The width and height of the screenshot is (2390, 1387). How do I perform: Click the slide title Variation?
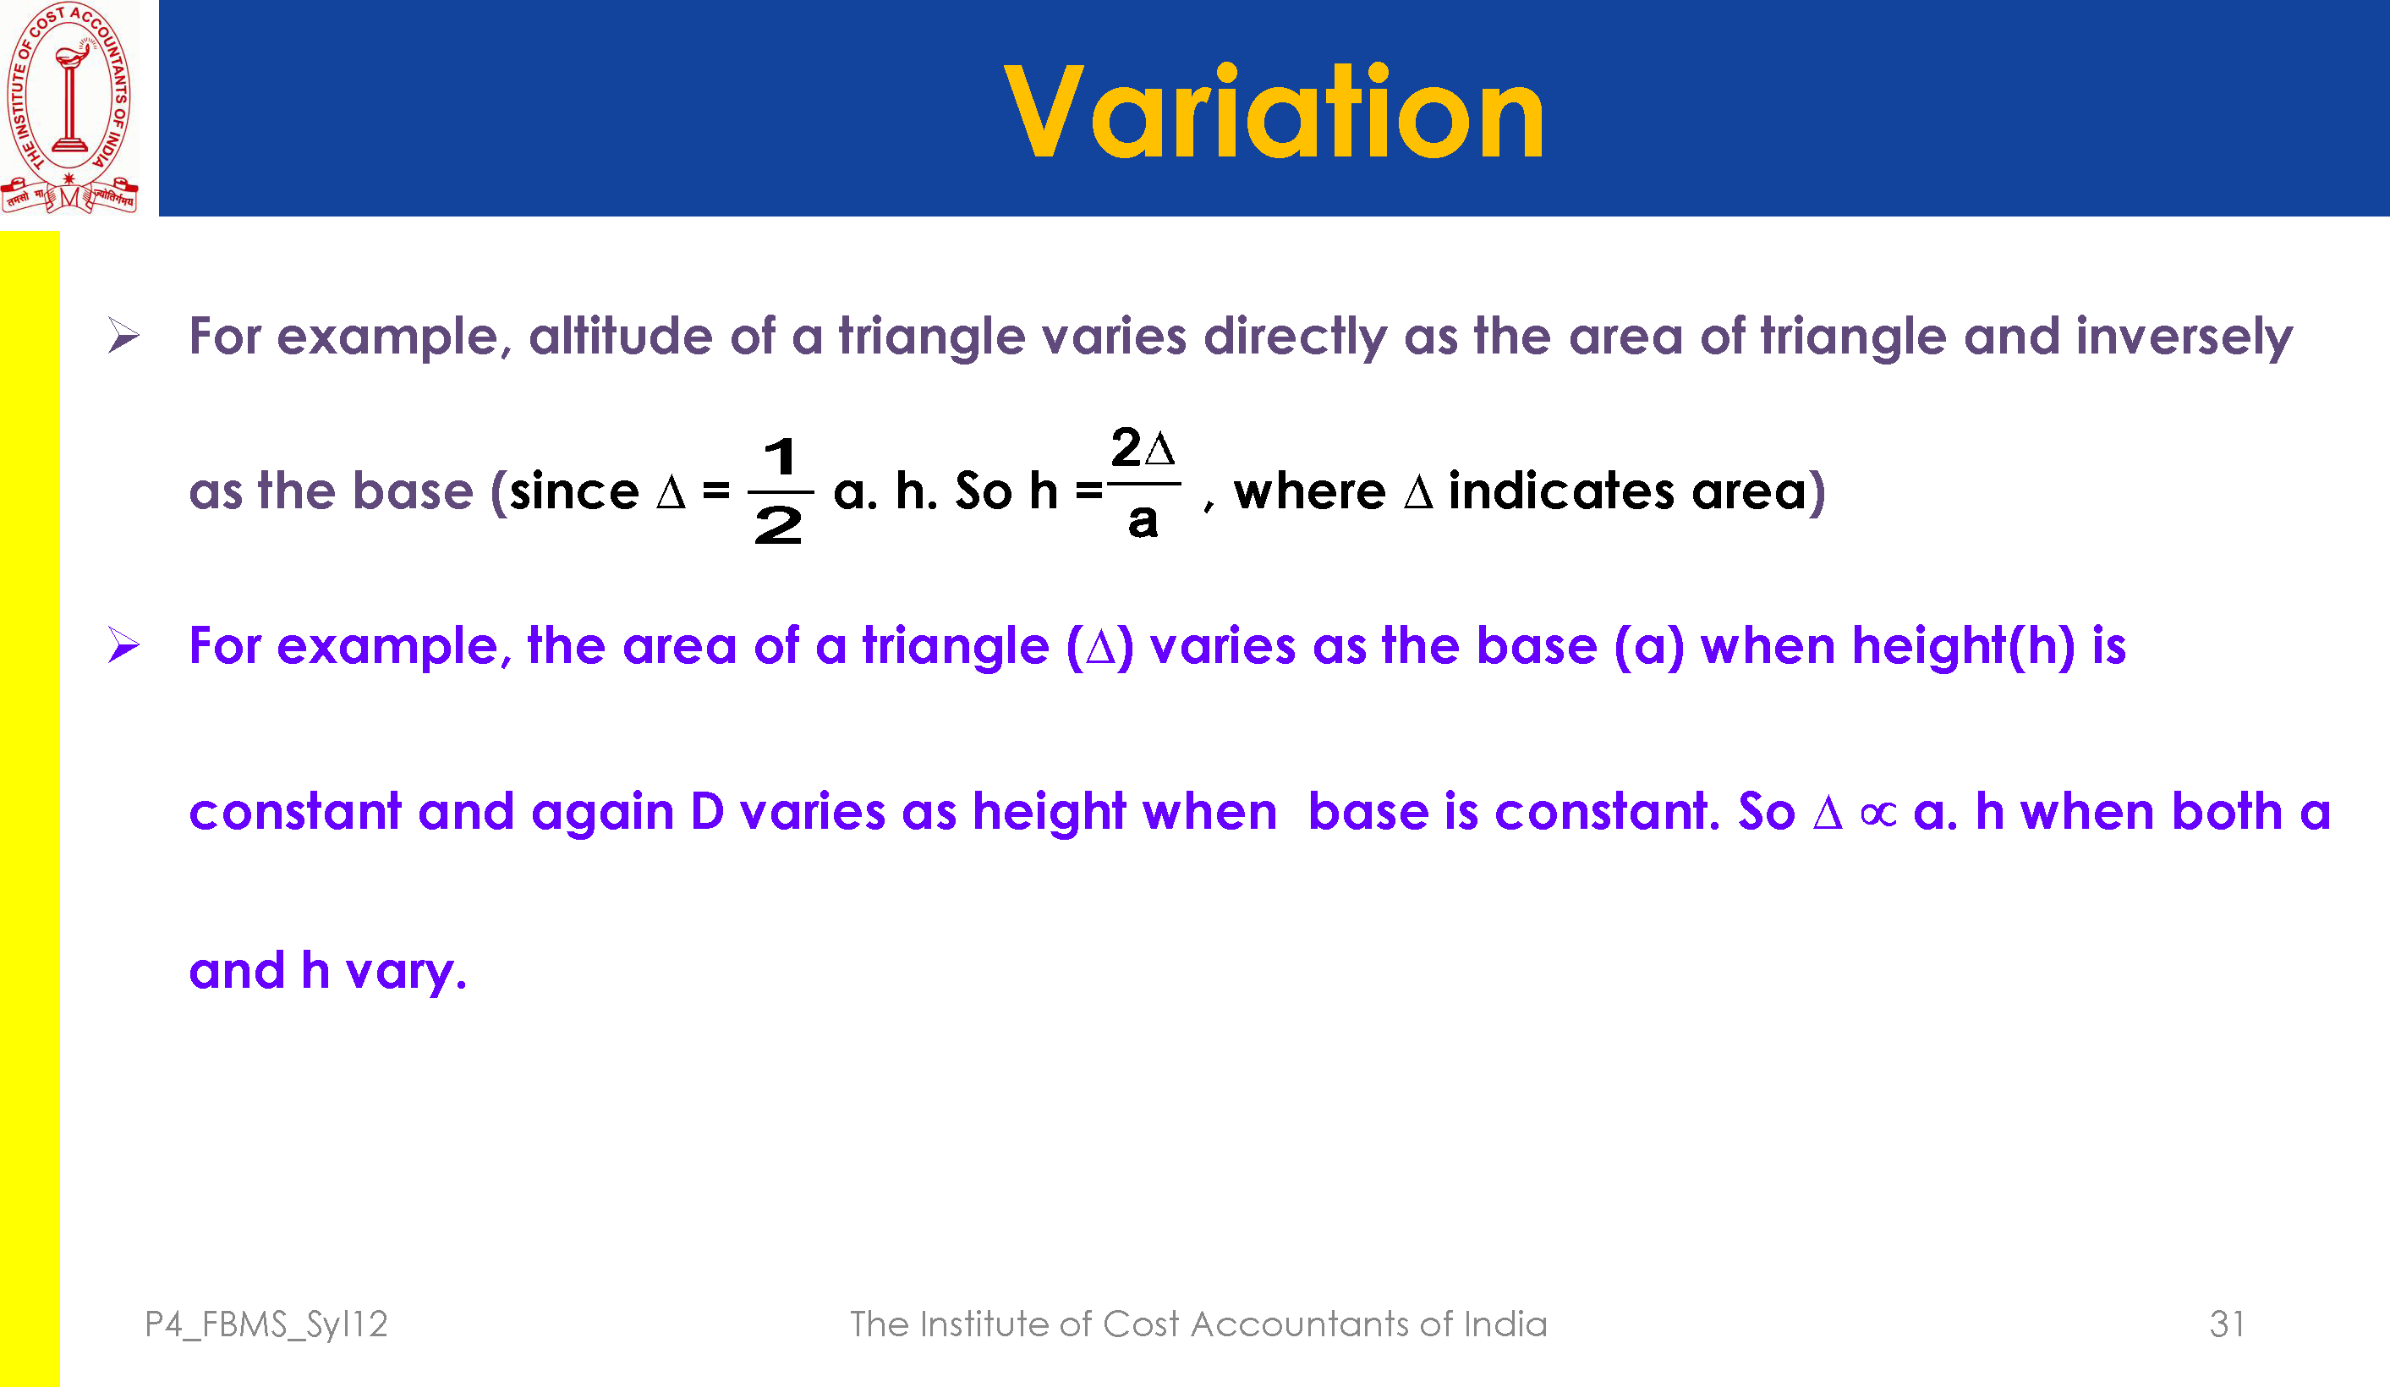click(1274, 111)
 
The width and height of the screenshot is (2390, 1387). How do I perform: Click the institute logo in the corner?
click(70, 107)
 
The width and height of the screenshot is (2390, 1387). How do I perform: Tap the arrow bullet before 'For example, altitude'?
click(123, 336)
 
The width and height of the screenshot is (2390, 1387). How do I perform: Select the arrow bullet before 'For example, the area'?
click(123, 645)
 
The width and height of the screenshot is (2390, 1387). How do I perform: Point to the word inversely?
click(2184, 337)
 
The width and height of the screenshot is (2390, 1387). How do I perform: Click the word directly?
click(1295, 337)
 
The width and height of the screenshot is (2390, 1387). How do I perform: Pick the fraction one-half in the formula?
click(780, 491)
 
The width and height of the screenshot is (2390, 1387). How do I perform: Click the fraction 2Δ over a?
click(1143, 482)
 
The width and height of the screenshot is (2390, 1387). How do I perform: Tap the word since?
click(573, 491)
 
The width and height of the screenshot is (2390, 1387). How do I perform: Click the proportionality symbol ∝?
click(1877, 813)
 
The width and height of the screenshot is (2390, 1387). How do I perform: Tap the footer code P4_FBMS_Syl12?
click(266, 1324)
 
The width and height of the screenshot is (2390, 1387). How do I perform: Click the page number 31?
click(2227, 1324)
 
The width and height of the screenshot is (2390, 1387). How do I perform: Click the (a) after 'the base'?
click(1649, 647)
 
